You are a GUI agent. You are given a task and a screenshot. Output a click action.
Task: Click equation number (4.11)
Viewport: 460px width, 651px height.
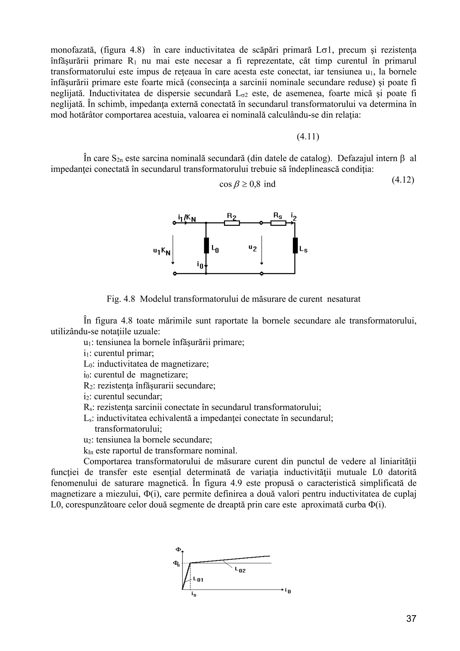coord(308,137)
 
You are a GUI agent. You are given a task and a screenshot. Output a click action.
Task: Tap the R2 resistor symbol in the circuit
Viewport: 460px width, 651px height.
coord(232,223)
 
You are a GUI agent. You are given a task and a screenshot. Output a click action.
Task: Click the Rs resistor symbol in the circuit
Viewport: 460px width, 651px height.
coord(278,223)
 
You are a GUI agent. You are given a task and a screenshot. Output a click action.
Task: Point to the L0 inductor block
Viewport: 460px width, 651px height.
coord(206,245)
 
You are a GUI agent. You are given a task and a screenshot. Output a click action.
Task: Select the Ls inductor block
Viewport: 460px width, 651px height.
coord(295,245)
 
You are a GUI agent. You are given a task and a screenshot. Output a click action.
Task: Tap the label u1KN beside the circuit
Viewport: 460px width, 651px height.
coord(162,251)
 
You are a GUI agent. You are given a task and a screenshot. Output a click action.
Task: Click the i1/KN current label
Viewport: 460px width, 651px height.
coord(187,218)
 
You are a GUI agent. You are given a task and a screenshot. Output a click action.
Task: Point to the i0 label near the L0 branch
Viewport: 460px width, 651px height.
coord(200,265)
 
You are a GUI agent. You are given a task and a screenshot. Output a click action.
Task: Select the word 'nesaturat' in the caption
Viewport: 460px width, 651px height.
coord(344,299)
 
